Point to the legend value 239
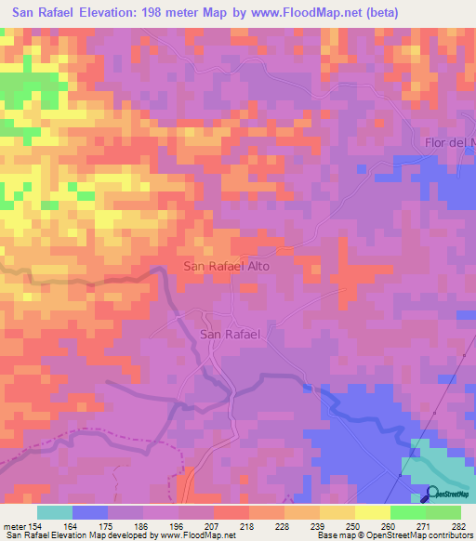pyautogui.click(x=302, y=526)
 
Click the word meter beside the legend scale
pyautogui.click(x=14, y=526)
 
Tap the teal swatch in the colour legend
pyautogui.click(x=55, y=512)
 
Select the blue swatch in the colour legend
pyautogui.click(x=90, y=512)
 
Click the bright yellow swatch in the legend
pyautogui.click(x=373, y=512)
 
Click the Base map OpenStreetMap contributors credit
pyautogui.click(x=394, y=536)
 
